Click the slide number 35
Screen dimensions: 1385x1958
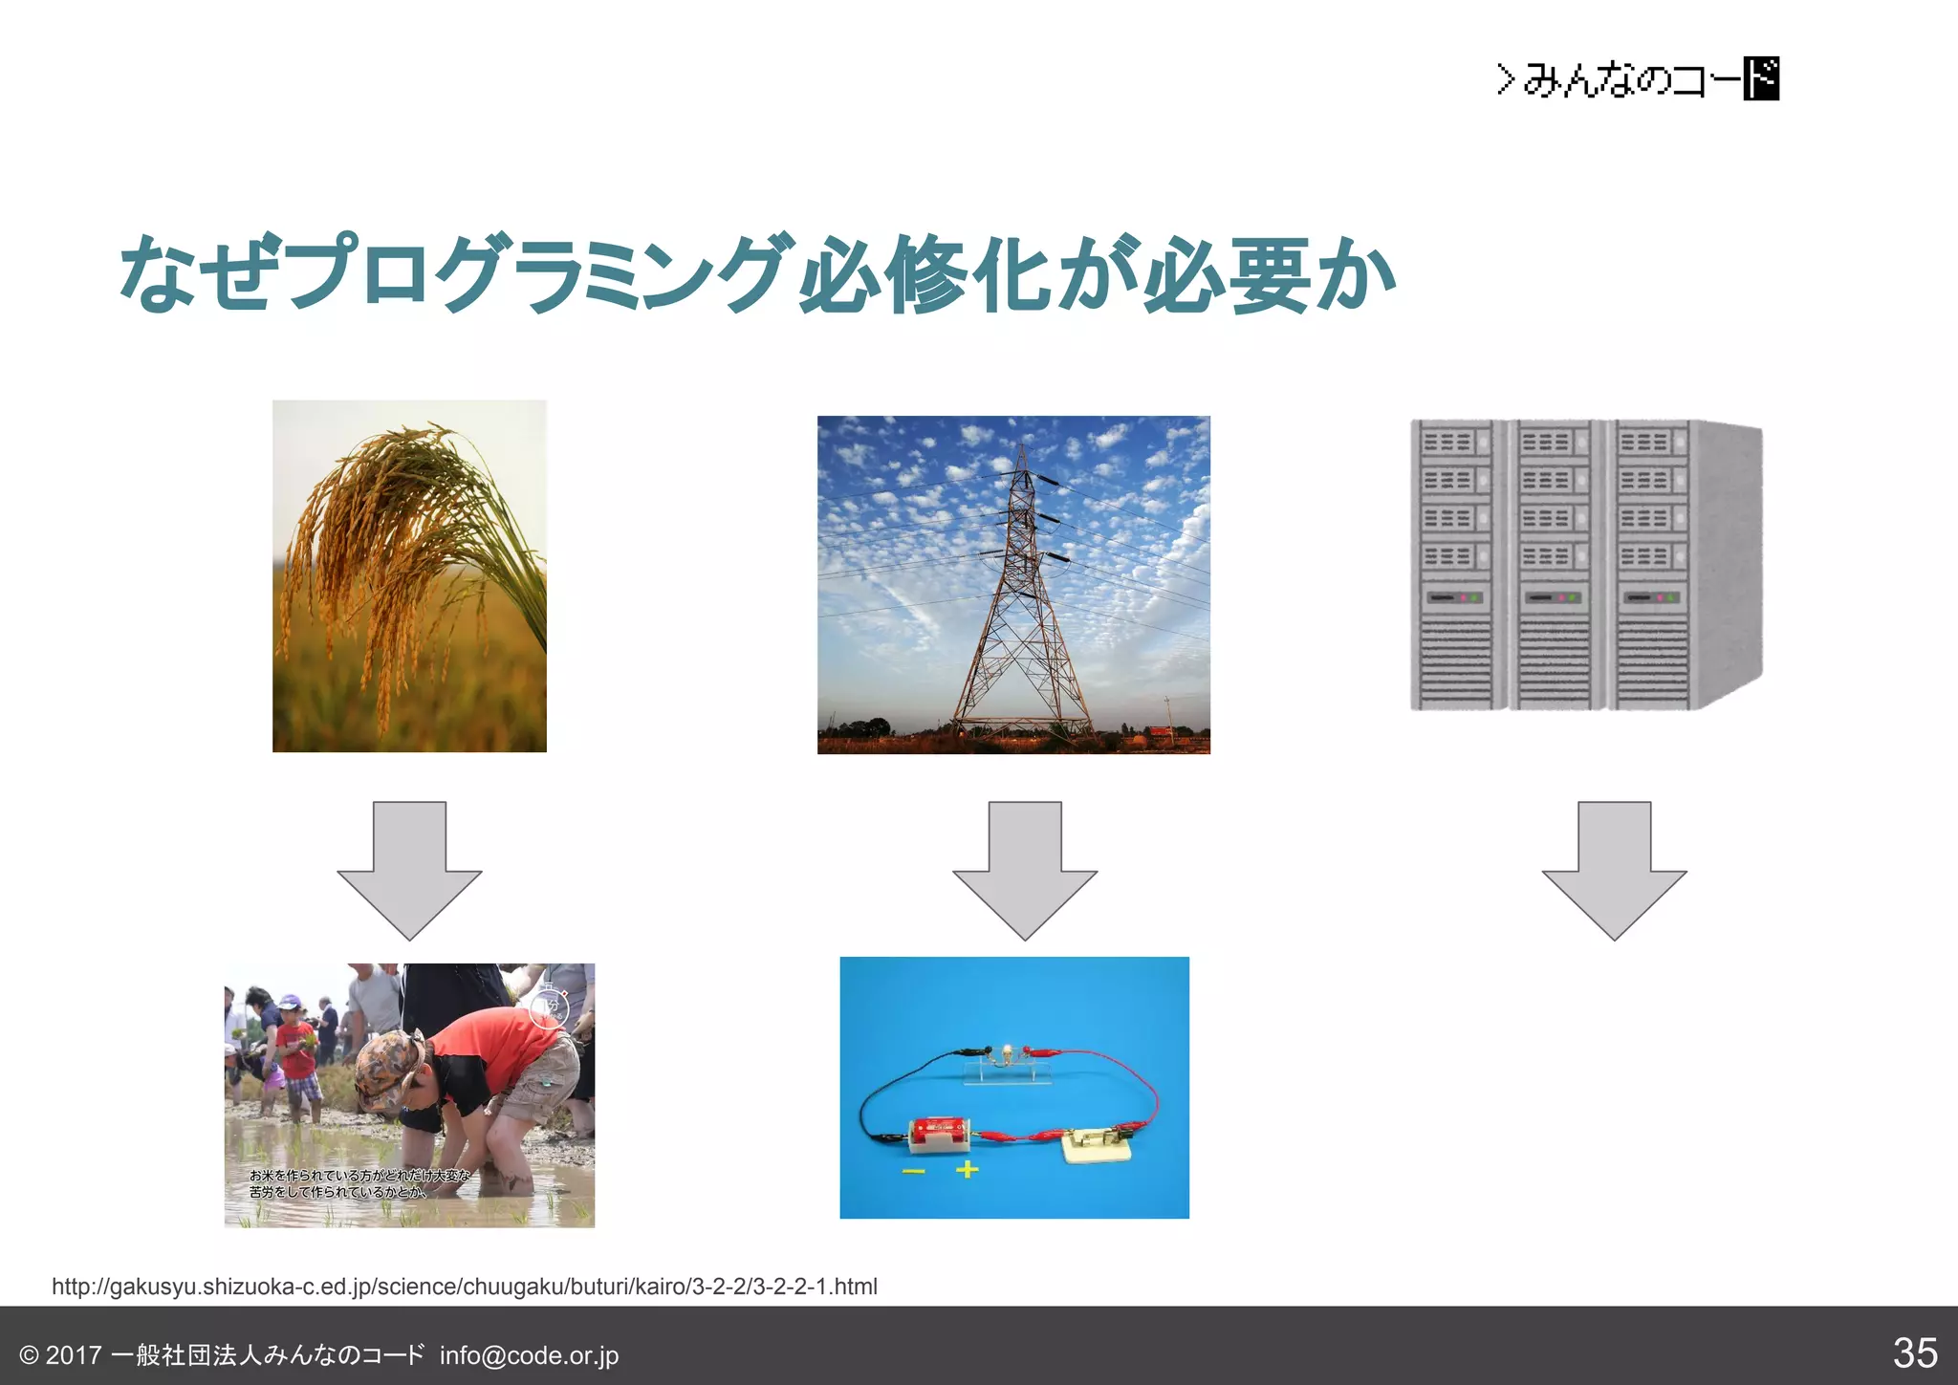click(1914, 1353)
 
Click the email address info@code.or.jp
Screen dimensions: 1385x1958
click(529, 1355)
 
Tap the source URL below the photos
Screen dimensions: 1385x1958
click(465, 1287)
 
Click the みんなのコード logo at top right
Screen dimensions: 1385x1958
click(1638, 78)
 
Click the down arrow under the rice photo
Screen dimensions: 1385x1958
click(409, 870)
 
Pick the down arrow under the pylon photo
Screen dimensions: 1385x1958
click(1025, 870)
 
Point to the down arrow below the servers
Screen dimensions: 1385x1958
click(1614, 870)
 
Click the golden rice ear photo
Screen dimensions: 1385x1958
click(409, 575)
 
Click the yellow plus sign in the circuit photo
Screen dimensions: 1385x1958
click(967, 1169)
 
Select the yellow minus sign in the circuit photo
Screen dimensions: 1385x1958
click(914, 1171)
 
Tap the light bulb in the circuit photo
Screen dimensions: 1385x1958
click(1007, 1054)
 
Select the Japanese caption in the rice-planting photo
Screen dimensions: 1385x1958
click(359, 1183)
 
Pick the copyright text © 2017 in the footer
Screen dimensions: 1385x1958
click(61, 1355)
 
